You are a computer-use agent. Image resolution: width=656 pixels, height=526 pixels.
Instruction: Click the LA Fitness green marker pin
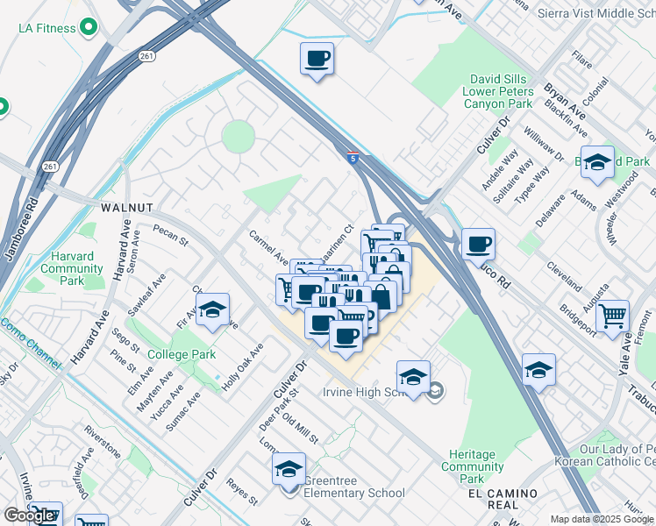88,28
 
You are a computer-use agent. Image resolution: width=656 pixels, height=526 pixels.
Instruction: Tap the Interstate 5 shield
352,158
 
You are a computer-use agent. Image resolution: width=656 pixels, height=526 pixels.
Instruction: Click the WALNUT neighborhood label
127,208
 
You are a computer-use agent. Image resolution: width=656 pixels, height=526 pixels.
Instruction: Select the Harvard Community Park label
72,268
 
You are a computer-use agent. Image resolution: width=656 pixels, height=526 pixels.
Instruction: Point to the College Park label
181,354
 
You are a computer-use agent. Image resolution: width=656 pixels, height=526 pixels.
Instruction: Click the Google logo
29,515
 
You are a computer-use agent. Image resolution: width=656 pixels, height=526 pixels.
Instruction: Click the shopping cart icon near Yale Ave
612,316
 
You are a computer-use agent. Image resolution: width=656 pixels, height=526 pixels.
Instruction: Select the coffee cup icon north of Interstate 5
317,59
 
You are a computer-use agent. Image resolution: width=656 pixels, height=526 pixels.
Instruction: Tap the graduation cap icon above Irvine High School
413,376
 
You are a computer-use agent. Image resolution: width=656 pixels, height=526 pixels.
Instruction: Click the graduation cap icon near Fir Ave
211,309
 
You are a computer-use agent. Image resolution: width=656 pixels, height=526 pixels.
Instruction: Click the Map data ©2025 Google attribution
602,519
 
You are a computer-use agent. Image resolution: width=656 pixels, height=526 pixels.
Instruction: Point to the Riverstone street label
103,442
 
